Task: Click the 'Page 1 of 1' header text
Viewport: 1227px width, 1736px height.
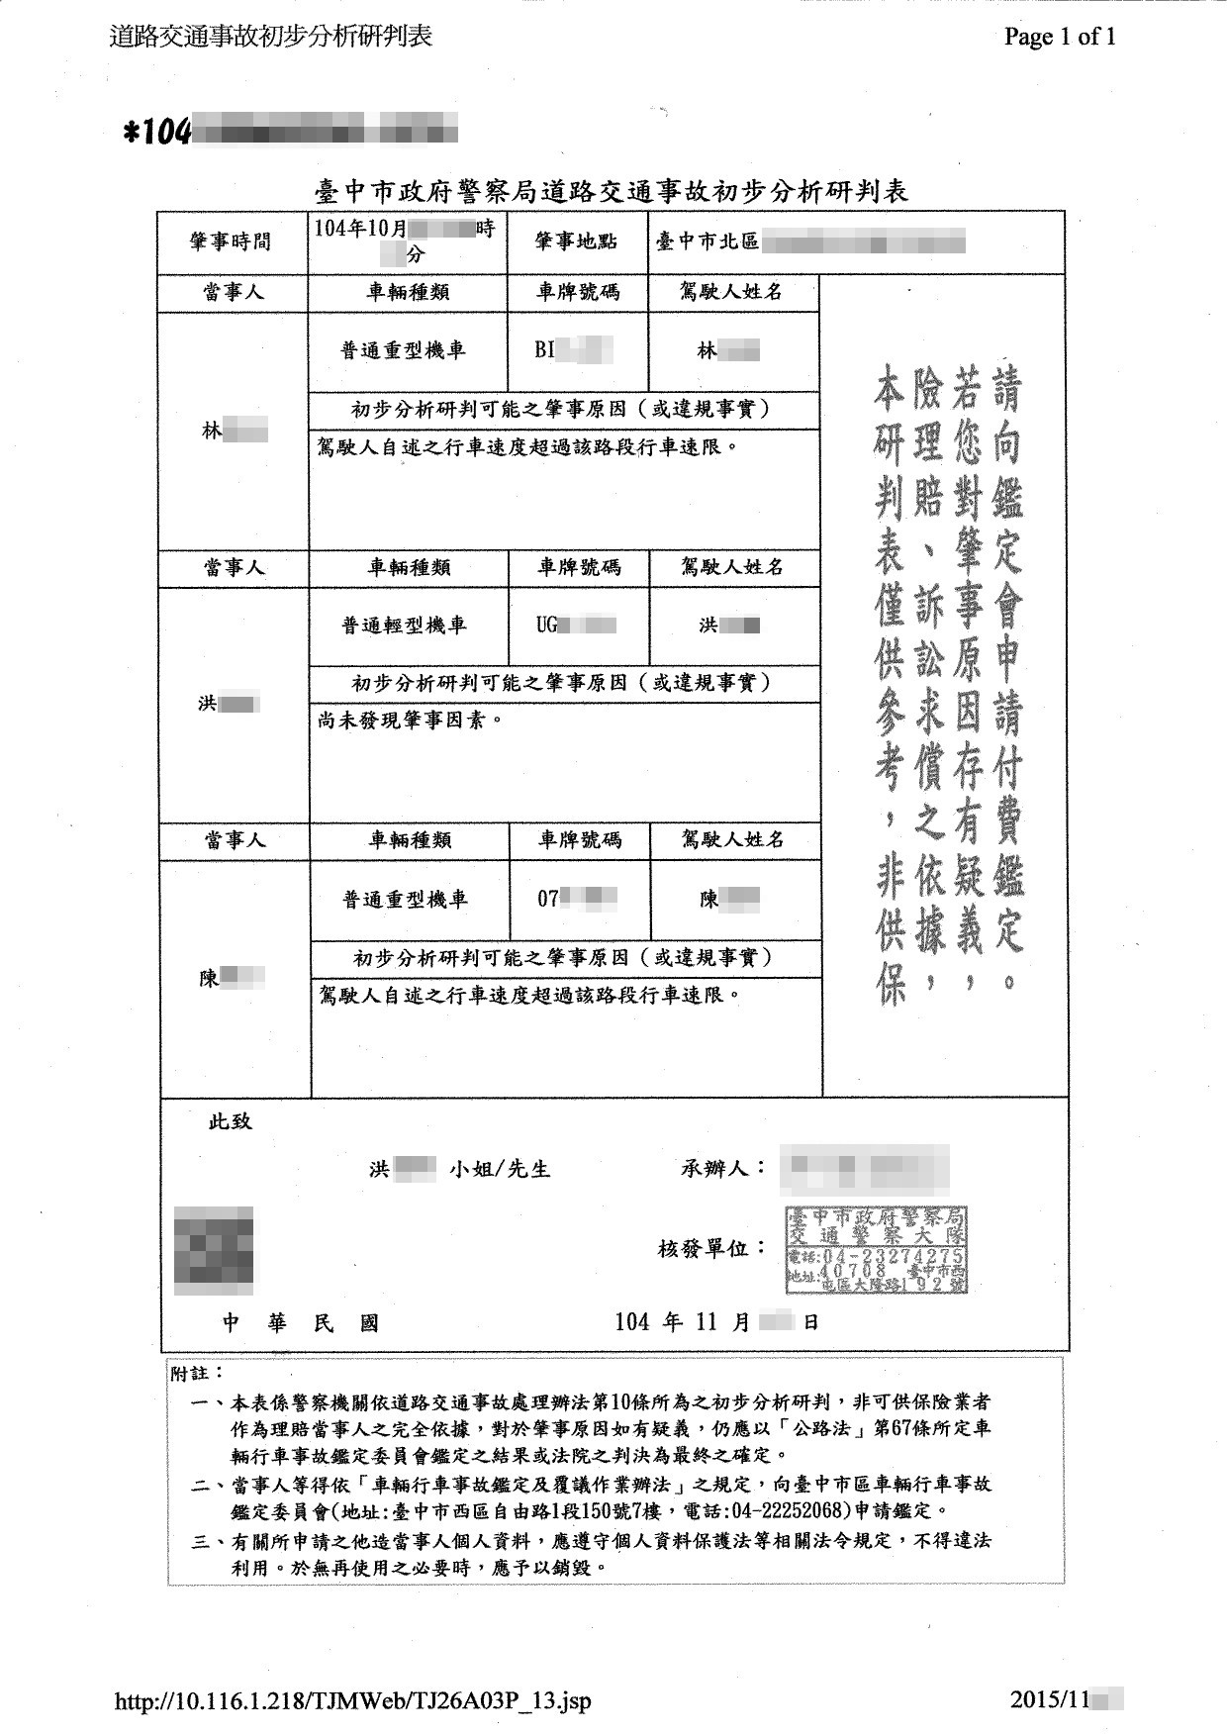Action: coord(1060,38)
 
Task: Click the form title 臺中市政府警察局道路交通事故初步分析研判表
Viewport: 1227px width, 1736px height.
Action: coord(611,190)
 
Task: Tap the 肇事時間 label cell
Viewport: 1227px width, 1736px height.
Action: coord(231,241)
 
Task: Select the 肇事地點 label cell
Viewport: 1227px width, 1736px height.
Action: coord(577,241)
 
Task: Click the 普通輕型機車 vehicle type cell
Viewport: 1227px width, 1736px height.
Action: coord(404,626)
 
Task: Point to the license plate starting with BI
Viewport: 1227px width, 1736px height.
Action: coord(573,350)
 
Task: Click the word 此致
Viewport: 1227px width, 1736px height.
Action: coord(230,1121)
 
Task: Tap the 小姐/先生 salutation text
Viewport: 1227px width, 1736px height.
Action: coord(500,1169)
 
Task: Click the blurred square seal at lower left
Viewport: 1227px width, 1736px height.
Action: coord(214,1250)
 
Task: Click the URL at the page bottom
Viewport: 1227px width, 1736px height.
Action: coord(353,1701)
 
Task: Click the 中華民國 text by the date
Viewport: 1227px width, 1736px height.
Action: coord(300,1323)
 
